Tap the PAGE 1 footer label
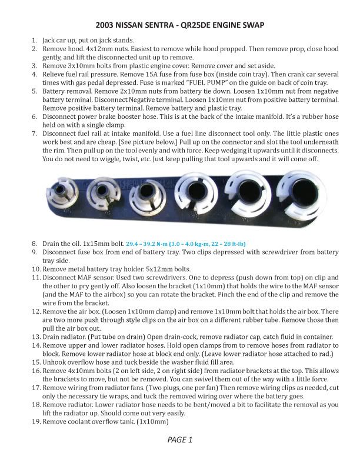180,440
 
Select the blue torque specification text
172,242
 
